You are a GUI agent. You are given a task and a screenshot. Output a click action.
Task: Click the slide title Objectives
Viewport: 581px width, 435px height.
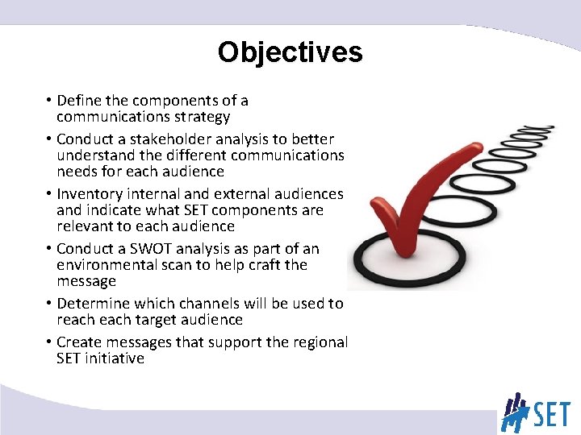pyautogui.click(x=290, y=52)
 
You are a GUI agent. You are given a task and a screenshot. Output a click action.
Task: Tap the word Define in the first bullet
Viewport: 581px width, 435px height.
pyautogui.click(x=80, y=101)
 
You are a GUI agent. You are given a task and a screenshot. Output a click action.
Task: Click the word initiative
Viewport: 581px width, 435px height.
pyautogui.click(x=112, y=358)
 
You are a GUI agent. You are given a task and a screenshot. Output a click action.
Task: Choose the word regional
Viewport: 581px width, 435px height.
pyautogui.click(x=320, y=342)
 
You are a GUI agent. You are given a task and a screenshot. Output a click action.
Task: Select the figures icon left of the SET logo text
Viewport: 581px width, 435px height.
pyautogui.click(x=514, y=412)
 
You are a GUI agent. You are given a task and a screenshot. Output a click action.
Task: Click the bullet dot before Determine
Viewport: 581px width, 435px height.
pyautogui.click(x=49, y=304)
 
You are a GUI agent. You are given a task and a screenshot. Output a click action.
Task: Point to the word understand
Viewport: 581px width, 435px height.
pyautogui.click(x=95, y=155)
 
